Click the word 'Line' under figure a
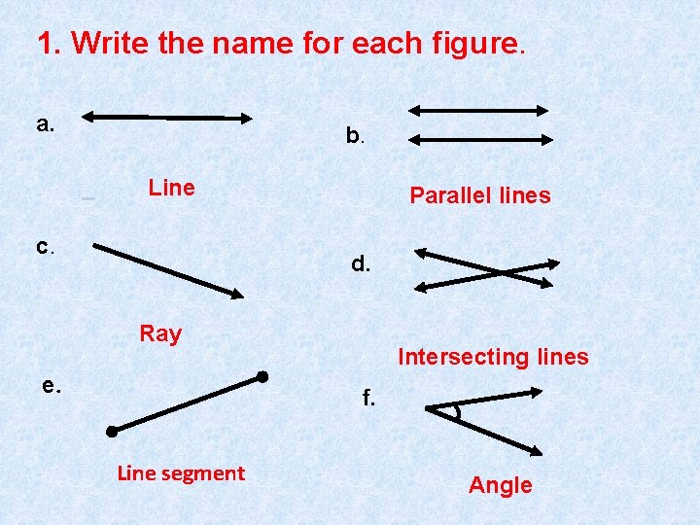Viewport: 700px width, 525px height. click(x=171, y=188)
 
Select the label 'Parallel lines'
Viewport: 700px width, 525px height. click(x=479, y=195)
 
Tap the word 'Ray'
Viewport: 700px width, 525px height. click(x=160, y=333)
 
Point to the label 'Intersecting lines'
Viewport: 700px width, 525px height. click(x=493, y=357)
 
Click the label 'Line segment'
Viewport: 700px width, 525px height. click(x=181, y=473)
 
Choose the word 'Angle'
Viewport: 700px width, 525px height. click(x=501, y=485)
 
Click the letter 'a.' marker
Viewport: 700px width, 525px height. click(x=45, y=123)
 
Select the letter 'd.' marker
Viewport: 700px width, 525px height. click(x=361, y=262)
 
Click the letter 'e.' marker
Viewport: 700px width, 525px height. click(x=52, y=385)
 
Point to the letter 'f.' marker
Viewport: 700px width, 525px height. click(x=368, y=398)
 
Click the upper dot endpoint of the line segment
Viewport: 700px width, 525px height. click(x=262, y=376)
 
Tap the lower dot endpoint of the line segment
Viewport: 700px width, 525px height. click(x=112, y=431)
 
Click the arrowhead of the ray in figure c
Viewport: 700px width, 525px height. click(x=237, y=293)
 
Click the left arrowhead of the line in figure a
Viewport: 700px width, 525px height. click(x=87, y=118)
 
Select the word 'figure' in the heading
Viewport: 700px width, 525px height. click(x=484, y=44)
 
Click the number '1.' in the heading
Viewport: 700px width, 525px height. click(x=50, y=44)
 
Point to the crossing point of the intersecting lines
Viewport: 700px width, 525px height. click(x=499, y=270)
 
